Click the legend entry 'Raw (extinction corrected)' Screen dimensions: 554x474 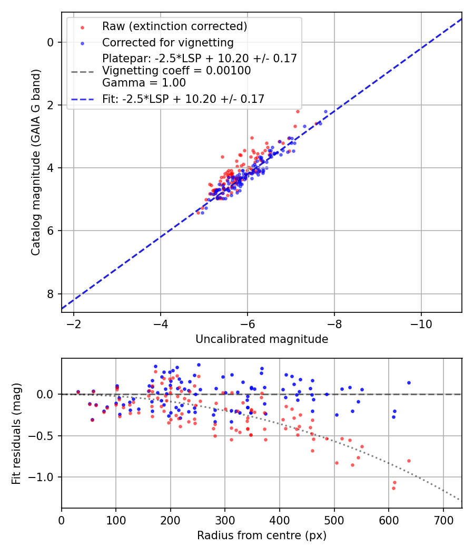pyautogui.click(x=174, y=26)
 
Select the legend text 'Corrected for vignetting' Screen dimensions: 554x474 pyautogui.click(x=167, y=42)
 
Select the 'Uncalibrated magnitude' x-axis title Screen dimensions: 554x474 pyautogui.click(x=262, y=339)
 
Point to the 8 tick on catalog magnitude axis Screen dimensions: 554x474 pyautogui.click(x=51, y=294)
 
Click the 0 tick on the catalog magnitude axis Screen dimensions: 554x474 pyautogui.click(x=51, y=42)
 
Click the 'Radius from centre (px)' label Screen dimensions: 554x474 pyautogui.click(x=262, y=536)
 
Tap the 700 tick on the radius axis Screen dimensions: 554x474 pyautogui.click(x=443, y=519)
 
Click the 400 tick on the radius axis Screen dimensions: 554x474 pyautogui.click(x=280, y=519)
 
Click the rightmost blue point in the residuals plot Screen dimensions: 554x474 pyautogui.click(x=409, y=383)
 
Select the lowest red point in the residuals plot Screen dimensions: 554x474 pyautogui.click(x=393, y=488)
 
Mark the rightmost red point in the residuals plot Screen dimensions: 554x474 pyautogui.click(x=409, y=461)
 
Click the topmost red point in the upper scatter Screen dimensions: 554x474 pyautogui.click(x=298, y=111)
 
